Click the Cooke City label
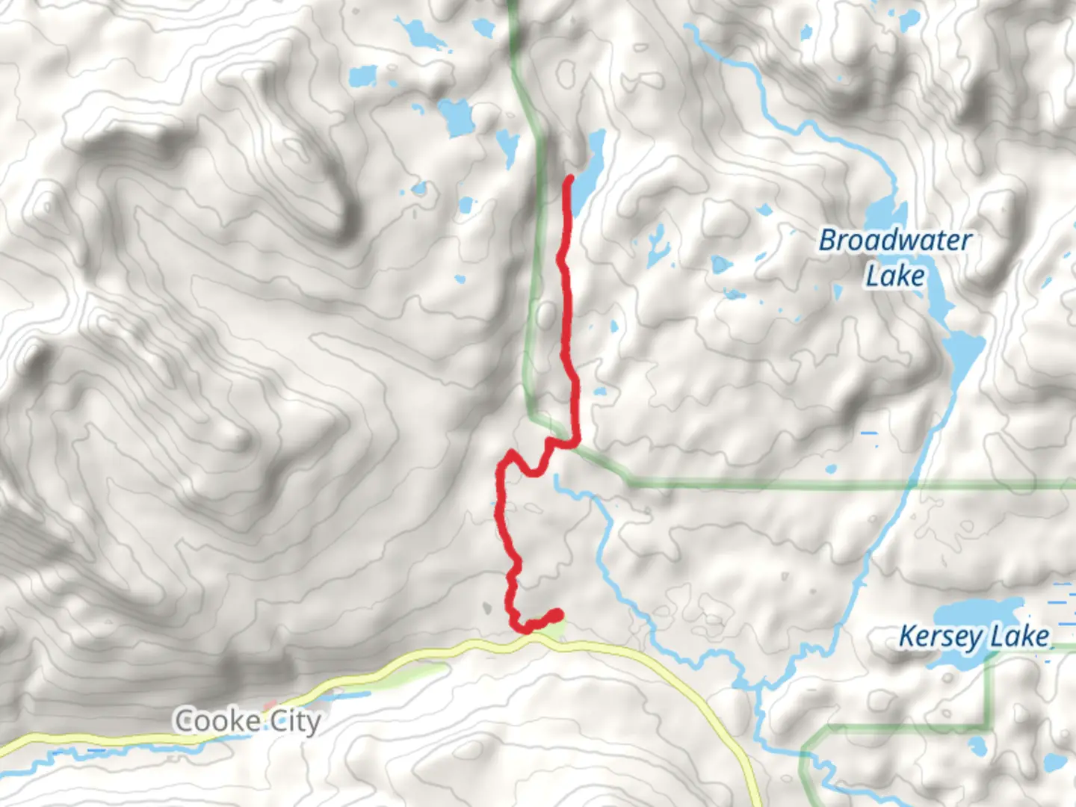coord(247,721)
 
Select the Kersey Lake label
coord(974,637)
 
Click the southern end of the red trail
coord(557,614)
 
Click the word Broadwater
coord(895,241)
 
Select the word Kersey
coord(940,637)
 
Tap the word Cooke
coord(217,721)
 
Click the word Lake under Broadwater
coord(895,276)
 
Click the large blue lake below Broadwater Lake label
coord(960,351)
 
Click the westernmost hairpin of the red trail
coord(501,467)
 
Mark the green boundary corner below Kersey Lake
coord(990,726)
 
